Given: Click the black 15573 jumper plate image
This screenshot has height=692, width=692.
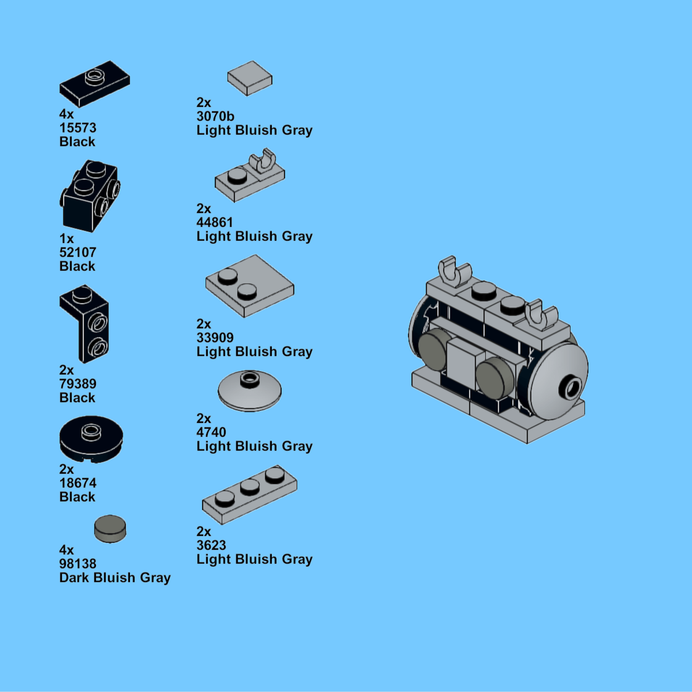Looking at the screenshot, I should (x=95, y=83).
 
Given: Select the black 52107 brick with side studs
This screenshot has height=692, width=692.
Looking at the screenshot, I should (x=90, y=197).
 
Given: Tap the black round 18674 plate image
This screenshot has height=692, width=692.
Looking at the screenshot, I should (x=91, y=439).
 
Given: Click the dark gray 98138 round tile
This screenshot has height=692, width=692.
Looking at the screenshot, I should (x=110, y=528).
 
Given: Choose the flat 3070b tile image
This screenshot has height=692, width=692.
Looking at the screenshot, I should (x=250, y=78).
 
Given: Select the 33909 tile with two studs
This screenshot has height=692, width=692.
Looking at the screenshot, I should (x=250, y=285).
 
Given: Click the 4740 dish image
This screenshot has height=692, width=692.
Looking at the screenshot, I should (x=250, y=390).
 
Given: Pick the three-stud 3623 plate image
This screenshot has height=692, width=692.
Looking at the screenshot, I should (x=250, y=494).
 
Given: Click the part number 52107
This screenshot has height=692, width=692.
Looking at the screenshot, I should (x=78, y=252).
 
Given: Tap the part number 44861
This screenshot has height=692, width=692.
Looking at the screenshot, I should (x=215, y=222).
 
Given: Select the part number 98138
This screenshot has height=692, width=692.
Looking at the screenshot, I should (x=78, y=563).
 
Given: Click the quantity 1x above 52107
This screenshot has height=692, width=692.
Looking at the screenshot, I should (x=67, y=239).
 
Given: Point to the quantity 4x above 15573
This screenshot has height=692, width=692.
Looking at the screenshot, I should (x=67, y=114).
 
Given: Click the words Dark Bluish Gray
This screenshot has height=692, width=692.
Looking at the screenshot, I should (x=115, y=578).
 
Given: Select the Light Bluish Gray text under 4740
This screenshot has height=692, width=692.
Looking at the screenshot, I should (x=254, y=446).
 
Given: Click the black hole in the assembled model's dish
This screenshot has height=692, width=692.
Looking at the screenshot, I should (x=571, y=389).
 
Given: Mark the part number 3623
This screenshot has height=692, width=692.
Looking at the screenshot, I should (x=211, y=545).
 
